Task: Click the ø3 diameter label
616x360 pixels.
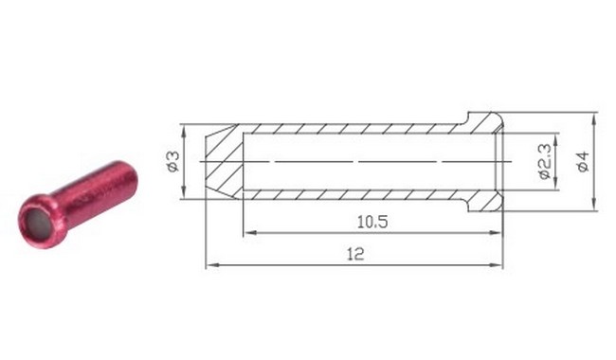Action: [172, 161]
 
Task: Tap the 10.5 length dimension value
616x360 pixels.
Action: [372, 223]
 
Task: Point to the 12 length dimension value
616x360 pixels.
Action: [355, 255]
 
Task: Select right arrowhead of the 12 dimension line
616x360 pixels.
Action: [497, 265]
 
